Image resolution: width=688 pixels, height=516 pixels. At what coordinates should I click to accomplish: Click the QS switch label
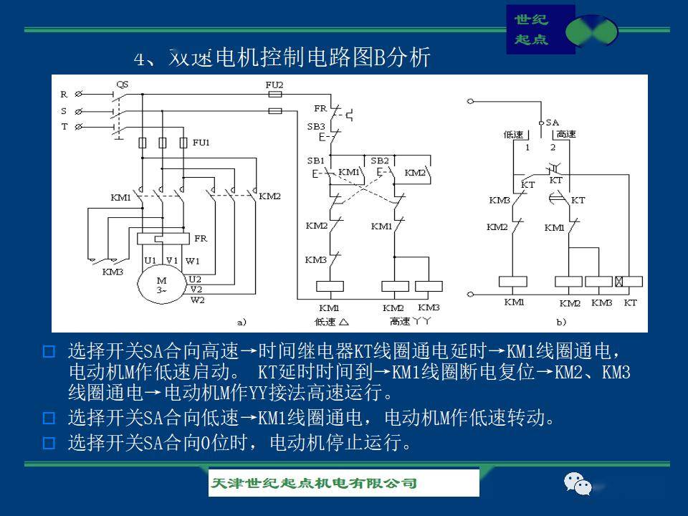122,84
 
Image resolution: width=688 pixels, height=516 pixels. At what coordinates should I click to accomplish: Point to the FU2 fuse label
274,84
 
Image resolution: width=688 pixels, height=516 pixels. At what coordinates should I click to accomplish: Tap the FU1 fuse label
201,143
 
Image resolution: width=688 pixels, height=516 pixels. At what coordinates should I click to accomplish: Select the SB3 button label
315,126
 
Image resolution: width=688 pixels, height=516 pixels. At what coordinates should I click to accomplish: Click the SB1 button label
315,160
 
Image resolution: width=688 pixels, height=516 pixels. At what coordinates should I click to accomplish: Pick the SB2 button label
380,160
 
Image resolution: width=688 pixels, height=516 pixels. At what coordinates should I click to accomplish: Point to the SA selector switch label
552,123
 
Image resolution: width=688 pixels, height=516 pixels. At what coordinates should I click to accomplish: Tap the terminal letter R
64,94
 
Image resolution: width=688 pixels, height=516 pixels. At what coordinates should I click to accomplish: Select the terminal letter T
64,127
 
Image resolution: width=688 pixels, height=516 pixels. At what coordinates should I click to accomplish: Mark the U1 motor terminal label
150,260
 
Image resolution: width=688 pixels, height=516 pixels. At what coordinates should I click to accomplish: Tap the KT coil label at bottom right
630,303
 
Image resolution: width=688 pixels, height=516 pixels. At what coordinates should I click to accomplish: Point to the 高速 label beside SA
566,134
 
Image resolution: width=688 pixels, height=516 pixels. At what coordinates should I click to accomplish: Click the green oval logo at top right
591,32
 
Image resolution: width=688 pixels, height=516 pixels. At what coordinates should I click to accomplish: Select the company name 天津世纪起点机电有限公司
313,483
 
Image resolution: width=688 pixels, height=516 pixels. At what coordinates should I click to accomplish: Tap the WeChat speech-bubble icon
578,484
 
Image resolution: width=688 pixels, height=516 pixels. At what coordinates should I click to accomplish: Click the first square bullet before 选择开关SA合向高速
49,352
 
